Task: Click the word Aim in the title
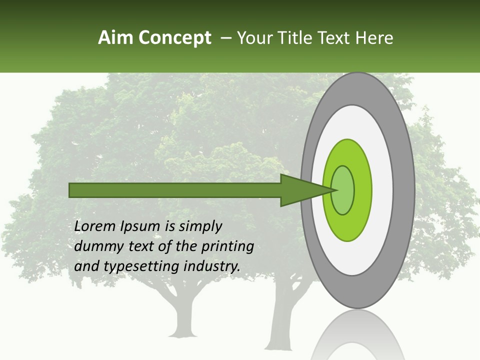[x=115, y=38]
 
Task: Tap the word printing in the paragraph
[x=227, y=246]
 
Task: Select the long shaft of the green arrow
[x=175, y=190]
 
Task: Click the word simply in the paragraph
[x=200, y=226]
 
